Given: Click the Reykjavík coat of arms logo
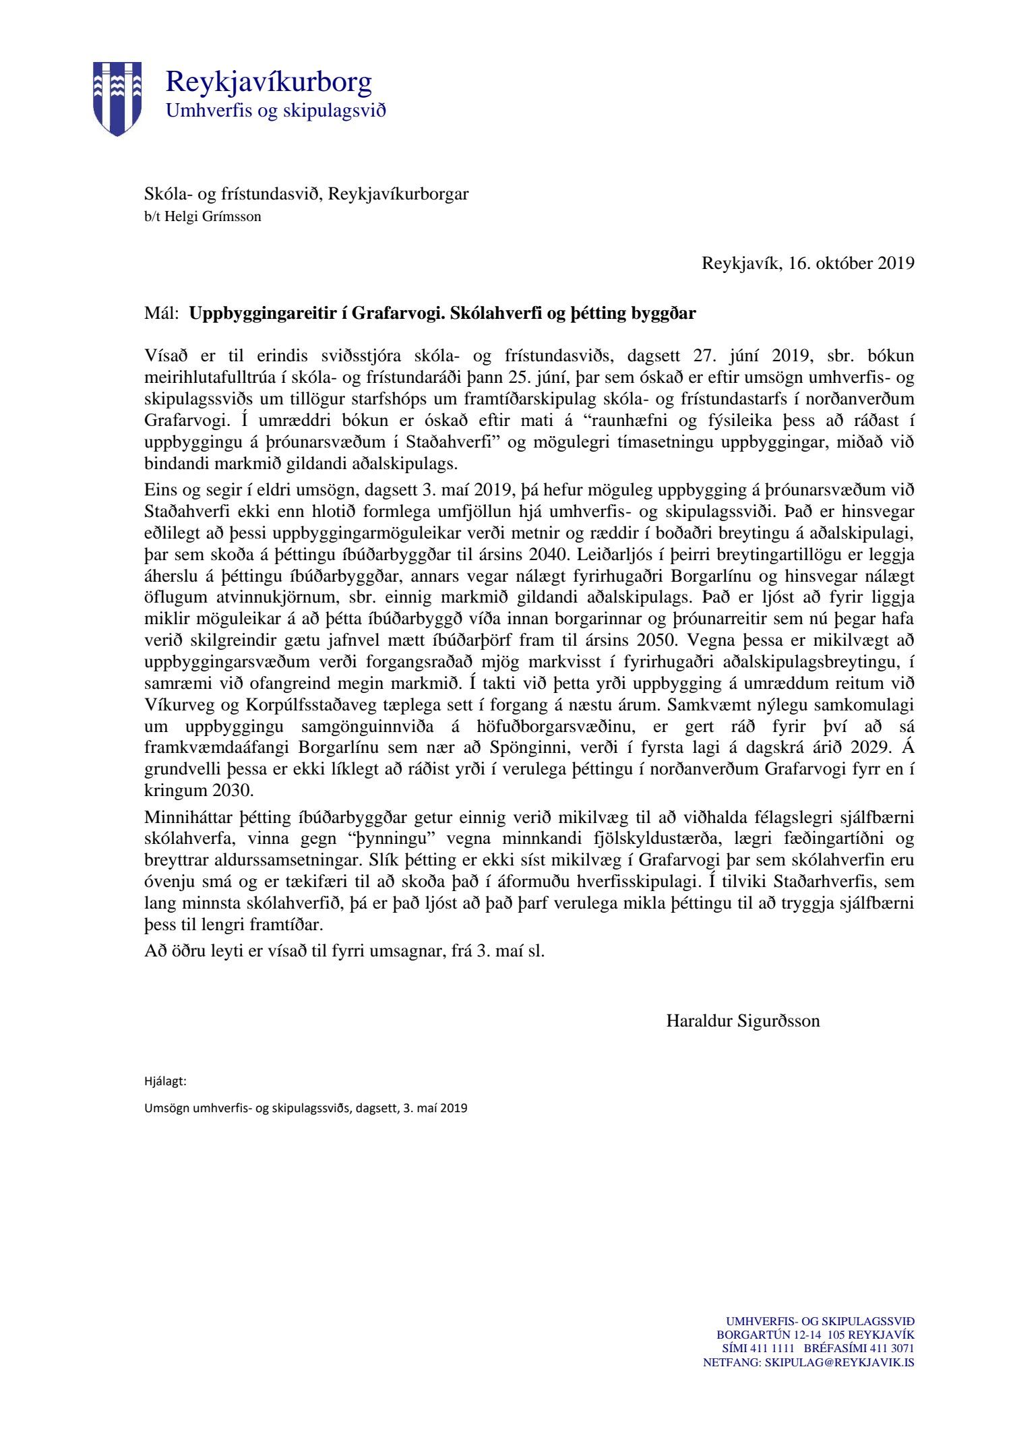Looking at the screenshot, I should pos(117,98).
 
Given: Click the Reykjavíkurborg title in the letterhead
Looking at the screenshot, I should pos(268,82).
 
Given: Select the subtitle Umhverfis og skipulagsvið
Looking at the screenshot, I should pos(276,111).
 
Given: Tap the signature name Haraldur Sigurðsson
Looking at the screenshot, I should pos(743,1021).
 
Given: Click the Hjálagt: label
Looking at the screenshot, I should pos(165,1082).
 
